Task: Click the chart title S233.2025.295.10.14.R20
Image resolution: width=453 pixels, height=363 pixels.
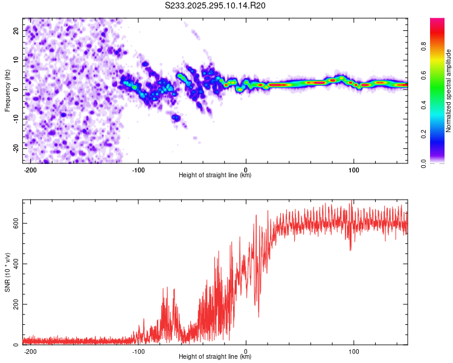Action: point(216,5)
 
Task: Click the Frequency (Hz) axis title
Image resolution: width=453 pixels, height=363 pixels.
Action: point(7,90)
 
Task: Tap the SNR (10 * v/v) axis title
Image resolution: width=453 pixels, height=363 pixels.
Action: point(7,272)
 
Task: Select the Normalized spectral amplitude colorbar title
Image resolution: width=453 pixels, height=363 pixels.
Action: point(449,90)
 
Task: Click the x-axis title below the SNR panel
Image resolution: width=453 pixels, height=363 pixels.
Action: point(215,357)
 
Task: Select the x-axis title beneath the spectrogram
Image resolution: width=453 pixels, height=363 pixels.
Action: point(215,175)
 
